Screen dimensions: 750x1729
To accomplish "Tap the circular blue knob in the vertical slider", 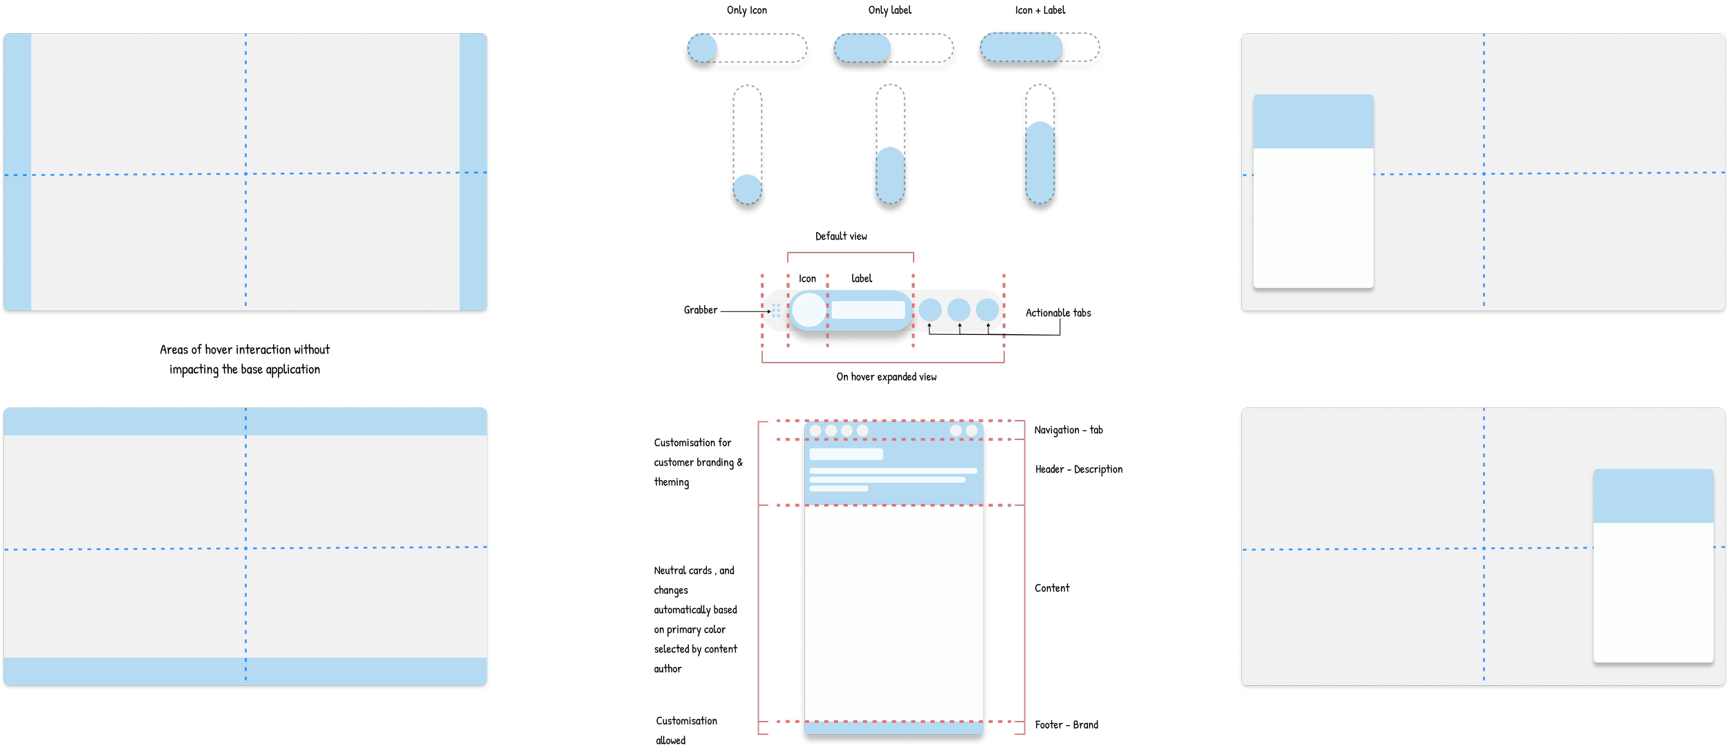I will (x=747, y=189).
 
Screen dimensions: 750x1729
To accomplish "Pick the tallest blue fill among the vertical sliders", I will (x=1040, y=163).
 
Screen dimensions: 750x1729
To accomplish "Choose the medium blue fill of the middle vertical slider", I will (x=890, y=176).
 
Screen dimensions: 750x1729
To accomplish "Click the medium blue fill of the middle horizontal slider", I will (x=862, y=48).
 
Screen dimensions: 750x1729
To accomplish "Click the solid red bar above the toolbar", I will (x=850, y=257).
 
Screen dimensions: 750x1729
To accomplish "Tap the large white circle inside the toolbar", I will (x=808, y=310).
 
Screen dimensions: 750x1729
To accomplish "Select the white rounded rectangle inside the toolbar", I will (x=868, y=310).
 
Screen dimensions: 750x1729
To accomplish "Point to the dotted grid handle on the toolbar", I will (x=776, y=311).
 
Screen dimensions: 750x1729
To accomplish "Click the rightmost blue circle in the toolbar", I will (x=988, y=310).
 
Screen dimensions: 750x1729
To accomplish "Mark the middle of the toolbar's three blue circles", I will (x=959, y=310).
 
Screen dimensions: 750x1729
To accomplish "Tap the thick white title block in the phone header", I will (x=846, y=454).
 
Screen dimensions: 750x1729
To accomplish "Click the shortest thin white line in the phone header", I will (x=838, y=488).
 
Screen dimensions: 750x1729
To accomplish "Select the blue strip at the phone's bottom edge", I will (x=893, y=729).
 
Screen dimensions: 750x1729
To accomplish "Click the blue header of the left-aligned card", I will (x=1313, y=122).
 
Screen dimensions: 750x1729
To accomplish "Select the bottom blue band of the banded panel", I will (x=246, y=670).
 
